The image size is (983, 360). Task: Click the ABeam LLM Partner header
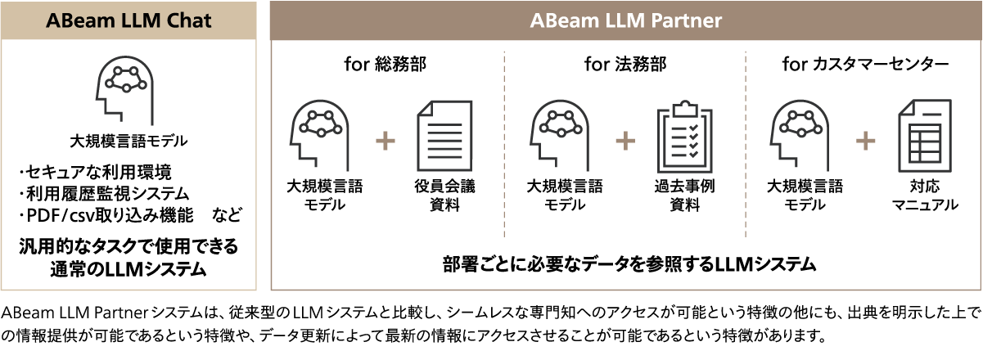point(626,20)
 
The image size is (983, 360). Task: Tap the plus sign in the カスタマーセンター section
point(865,142)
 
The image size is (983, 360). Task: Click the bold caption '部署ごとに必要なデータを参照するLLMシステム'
point(625,263)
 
